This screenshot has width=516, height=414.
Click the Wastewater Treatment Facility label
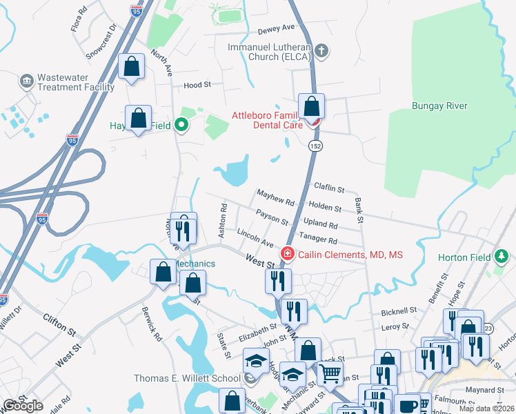pyautogui.click(x=76, y=83)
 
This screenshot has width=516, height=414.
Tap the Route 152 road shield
pyautogui.click(x=315, y=146)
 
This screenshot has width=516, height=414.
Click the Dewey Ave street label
pyautogui.click(x=276, y=29)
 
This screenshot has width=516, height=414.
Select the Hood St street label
pyautogui.click(x=197, y=86)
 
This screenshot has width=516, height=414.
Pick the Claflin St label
pyautogui.click(x=329, y=188)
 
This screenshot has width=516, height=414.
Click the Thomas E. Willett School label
pyautogui.click(x=187, y=377)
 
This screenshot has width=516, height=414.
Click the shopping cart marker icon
pyautogui.click(x=331, y=373)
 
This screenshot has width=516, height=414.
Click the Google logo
pyautogui.click(x=23, y=406)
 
